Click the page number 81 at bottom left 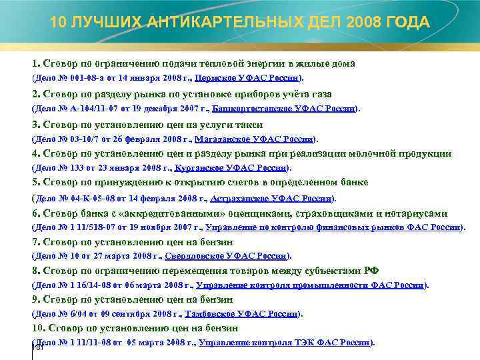click(39, 347)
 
